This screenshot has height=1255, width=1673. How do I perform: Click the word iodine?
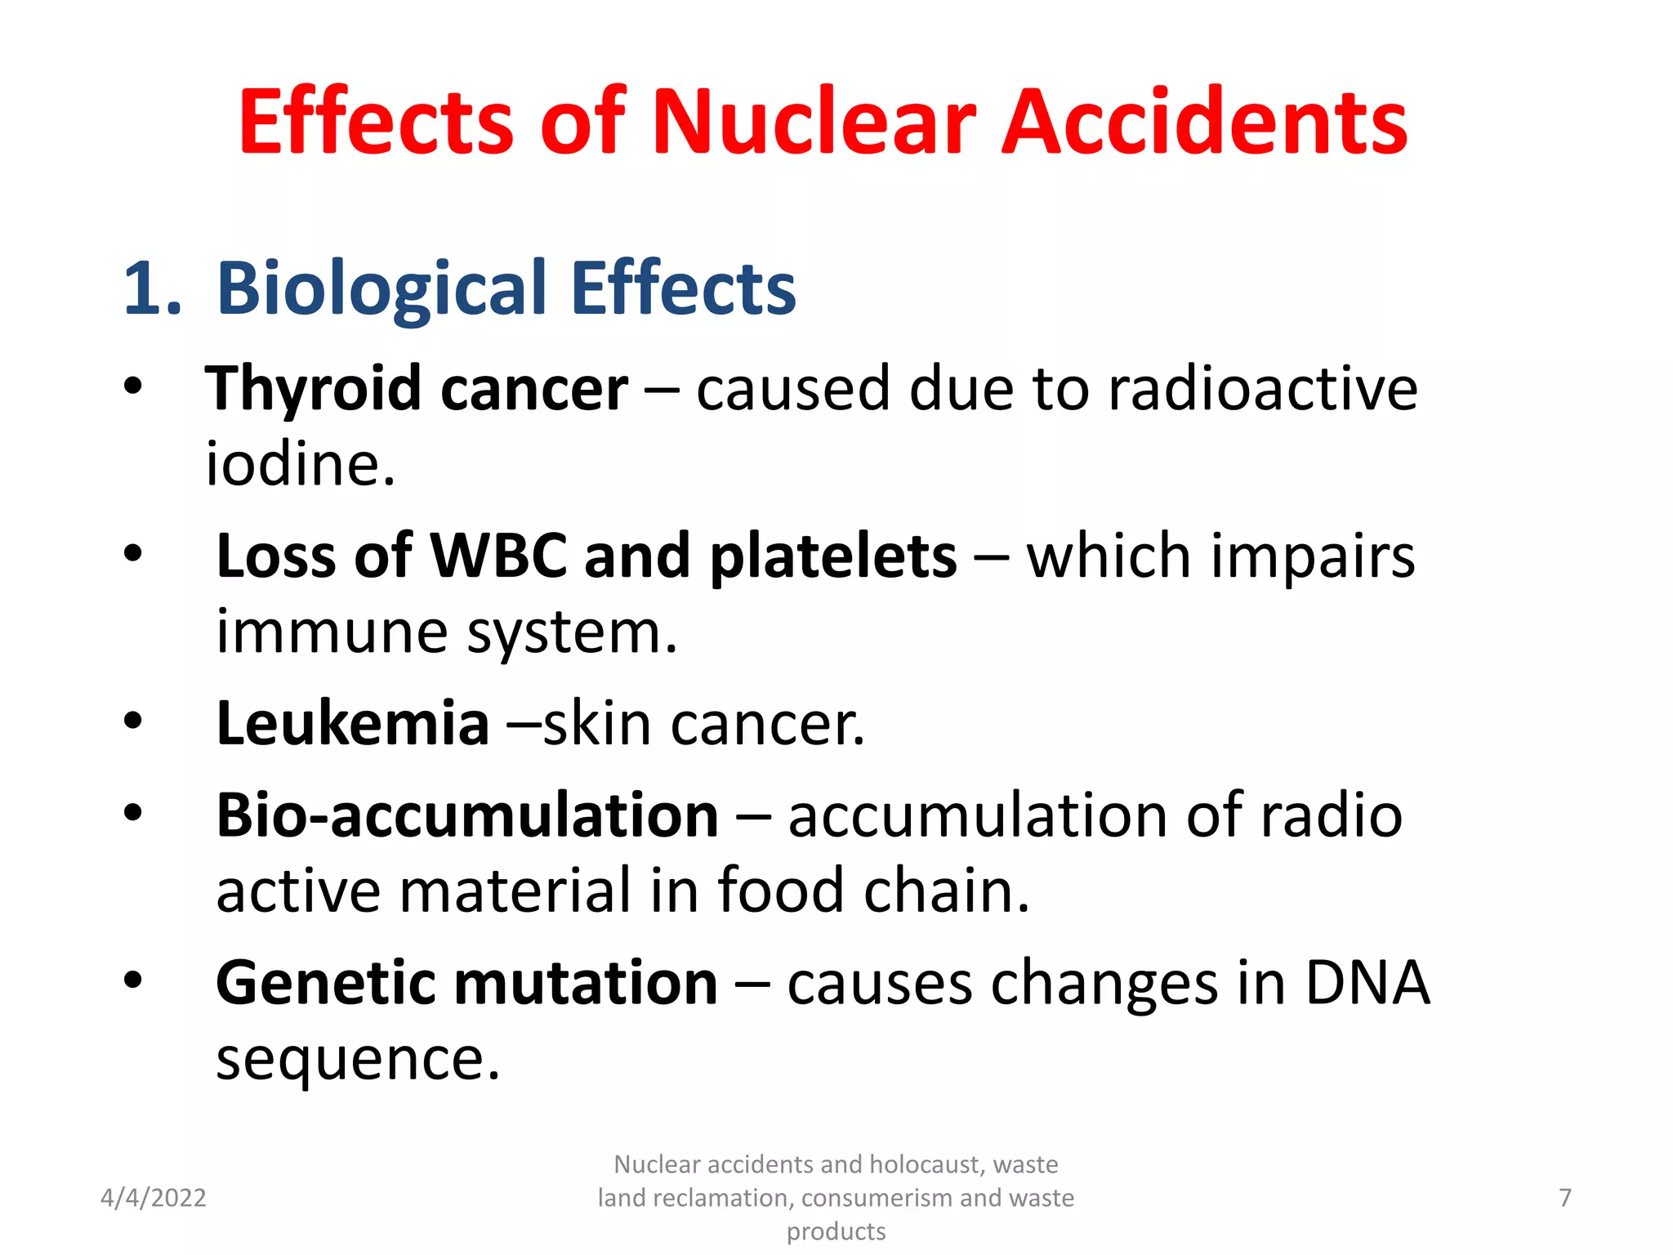299,464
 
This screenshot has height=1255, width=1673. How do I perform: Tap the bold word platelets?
833,556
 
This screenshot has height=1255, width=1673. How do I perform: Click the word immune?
331,632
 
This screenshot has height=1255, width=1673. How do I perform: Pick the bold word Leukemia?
352,724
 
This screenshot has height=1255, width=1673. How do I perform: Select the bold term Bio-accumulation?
466,815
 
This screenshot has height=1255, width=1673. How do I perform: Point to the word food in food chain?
780,891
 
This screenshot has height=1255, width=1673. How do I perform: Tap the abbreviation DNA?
1367,982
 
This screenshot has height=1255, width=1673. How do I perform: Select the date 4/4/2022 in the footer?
153,1198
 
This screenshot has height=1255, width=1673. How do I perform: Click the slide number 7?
1564,1198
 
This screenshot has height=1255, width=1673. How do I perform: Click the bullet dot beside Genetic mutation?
133,979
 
